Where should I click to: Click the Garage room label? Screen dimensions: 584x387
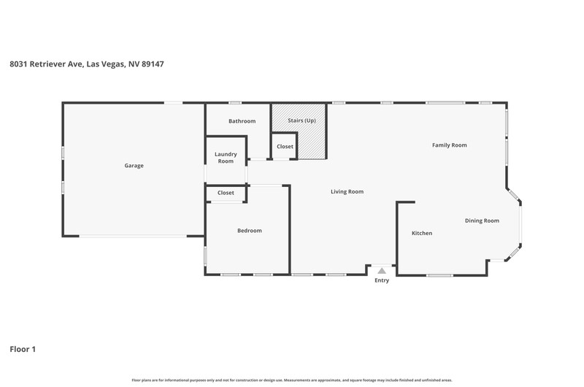(x=134, y=166)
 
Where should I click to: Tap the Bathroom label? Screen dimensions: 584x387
(x=242, y=121)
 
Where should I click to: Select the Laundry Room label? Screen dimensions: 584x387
(x=226, y=158)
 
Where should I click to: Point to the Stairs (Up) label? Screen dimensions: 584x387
(x=301, y=120)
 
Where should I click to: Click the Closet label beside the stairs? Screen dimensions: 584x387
(x=285, y=147)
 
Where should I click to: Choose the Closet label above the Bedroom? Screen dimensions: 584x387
(x=226, y=193)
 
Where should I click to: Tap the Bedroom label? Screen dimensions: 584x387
(x=250, y=231)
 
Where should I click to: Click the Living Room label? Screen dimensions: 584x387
(x=347, y=192)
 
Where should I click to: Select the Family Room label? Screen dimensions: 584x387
(x=450, y=145)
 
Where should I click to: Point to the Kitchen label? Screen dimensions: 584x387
(x=422, y=233)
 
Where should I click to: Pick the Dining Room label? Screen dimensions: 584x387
(x=482, y=221)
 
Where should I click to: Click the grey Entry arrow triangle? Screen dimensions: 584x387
(x=382, y=271)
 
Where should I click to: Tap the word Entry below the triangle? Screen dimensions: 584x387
(x=382, y=280)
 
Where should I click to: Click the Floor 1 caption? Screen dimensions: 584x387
(x=23, y=349)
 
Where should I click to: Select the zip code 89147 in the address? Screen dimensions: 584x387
(x=153, y=64)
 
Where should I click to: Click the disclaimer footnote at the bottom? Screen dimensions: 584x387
(x=292, y=380)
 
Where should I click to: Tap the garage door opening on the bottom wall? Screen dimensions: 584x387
(x=133, y=236)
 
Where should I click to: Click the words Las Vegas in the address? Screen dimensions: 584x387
(x=105, y=64)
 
